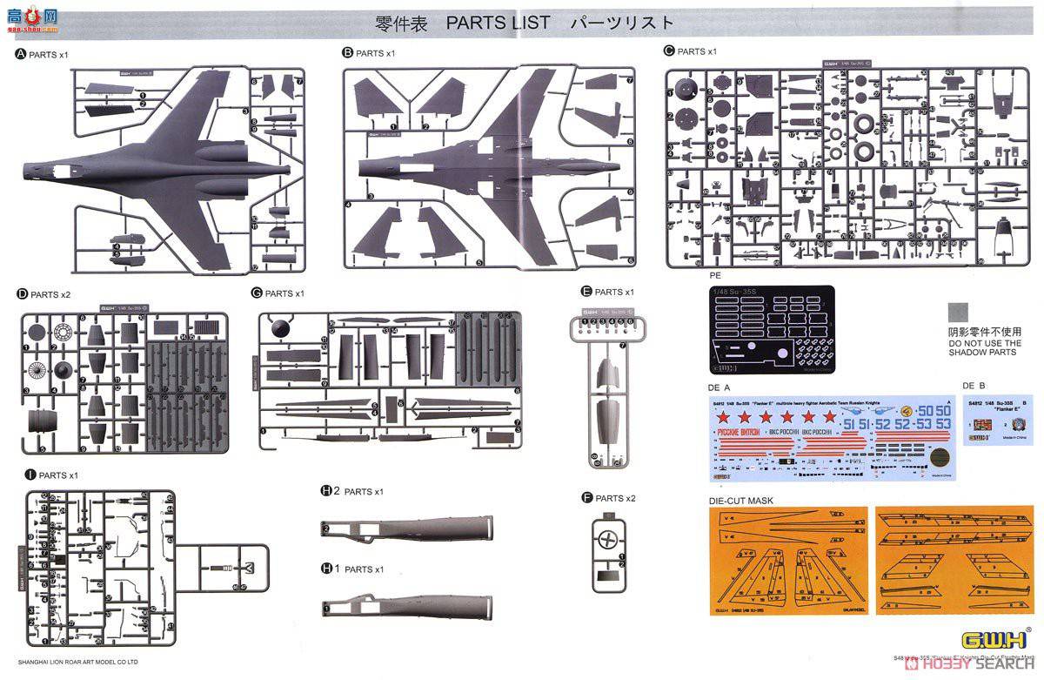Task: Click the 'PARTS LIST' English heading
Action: coord(498,23)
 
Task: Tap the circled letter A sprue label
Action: coord(21,54)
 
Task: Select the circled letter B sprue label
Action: coord(348,53)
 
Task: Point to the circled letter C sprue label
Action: coord(669,51)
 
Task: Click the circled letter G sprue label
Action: coord(256,293)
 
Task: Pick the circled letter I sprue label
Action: coord(30,475)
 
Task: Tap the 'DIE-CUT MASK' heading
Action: coord(740,501)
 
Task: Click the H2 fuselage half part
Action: coord(409,527)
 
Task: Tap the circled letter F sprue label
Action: coord(587,498)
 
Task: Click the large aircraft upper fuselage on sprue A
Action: coord(148,165)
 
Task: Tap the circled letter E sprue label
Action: coord(586,292)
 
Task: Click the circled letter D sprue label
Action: coord(21,294)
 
